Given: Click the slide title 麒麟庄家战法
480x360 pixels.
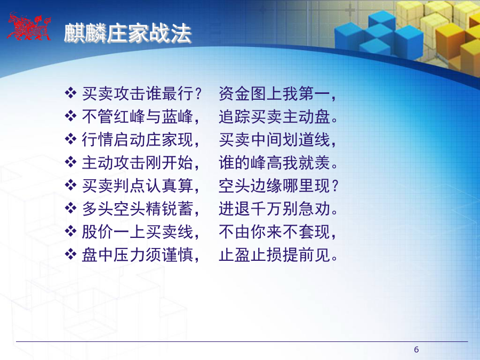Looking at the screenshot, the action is click(127, 33).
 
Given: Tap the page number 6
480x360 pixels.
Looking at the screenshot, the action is click(417, 349).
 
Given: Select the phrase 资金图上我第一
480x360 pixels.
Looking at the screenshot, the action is click(274, 94).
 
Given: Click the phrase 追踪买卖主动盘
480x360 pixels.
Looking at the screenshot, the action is click(274, 117).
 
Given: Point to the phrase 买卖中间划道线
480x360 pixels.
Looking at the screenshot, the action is click(274, 140).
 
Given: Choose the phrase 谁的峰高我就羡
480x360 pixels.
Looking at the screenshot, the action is click(274, 163).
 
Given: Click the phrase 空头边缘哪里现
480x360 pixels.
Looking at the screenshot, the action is click(274, 186).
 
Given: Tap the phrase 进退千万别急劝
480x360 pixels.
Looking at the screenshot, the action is click(274, 209).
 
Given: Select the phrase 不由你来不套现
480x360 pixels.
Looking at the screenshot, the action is click(274, 232).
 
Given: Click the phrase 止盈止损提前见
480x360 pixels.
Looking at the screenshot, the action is click(274, 255).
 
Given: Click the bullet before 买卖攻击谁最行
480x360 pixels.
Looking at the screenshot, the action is click(71, 93).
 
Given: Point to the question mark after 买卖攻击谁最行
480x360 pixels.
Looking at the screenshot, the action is click(198, 94).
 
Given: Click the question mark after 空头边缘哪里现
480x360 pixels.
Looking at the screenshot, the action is click(335, 186).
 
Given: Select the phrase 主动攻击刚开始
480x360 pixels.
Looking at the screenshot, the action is click(138, 163).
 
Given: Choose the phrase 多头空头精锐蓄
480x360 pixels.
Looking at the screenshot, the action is click(138, 209).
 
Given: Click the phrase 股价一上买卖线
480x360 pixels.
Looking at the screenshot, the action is click(138, 232).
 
